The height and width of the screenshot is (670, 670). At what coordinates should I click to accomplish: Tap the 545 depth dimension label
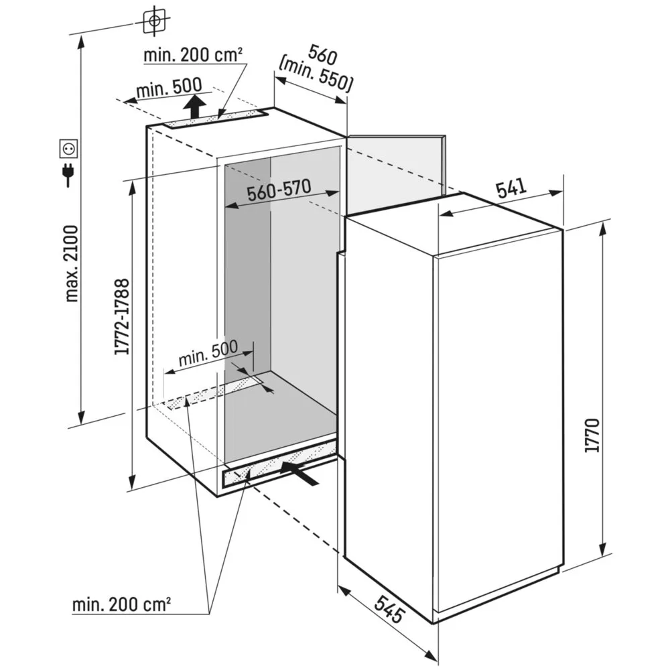point(389,608)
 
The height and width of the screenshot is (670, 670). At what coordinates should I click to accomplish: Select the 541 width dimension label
point(511,188)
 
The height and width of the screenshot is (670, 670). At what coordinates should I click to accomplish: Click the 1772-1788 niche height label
point(121,316)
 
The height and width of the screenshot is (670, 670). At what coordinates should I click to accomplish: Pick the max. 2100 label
point(72,263)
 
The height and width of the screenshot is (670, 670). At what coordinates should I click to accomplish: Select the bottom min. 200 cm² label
point(121,604)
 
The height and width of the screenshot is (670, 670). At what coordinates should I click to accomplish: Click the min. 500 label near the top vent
point(170,87)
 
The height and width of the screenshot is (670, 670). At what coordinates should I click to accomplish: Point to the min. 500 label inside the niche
point(208,353)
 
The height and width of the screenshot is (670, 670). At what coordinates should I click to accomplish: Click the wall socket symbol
point(68,149)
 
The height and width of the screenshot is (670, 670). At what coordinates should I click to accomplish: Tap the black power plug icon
point(68,174)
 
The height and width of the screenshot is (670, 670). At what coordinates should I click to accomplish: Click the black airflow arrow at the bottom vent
point(299,472)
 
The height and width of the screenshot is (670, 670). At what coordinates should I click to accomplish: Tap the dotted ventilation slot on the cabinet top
point(216,119)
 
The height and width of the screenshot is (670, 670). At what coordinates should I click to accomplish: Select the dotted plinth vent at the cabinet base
point(279,464)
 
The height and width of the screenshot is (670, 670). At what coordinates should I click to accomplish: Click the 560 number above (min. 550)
point(323,54)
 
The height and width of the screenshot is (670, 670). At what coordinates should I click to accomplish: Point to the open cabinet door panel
point(396,174)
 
